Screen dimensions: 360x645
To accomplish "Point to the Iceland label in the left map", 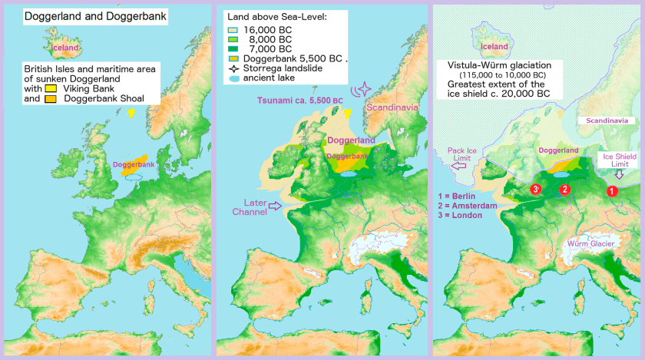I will tap(64, 48).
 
